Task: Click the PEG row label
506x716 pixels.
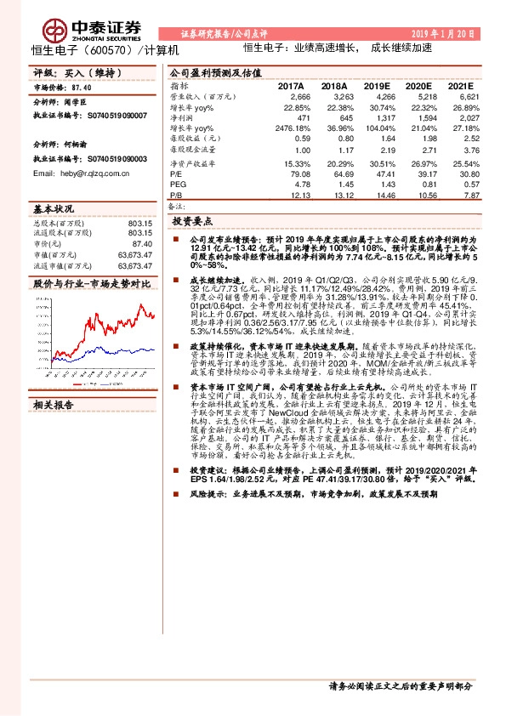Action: (179, 184)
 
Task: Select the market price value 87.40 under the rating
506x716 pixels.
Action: (82, 88)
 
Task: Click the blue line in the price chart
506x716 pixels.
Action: (128, 350)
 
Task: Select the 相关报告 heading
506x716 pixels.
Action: (54, 382)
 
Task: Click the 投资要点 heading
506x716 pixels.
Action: (191, 220)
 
